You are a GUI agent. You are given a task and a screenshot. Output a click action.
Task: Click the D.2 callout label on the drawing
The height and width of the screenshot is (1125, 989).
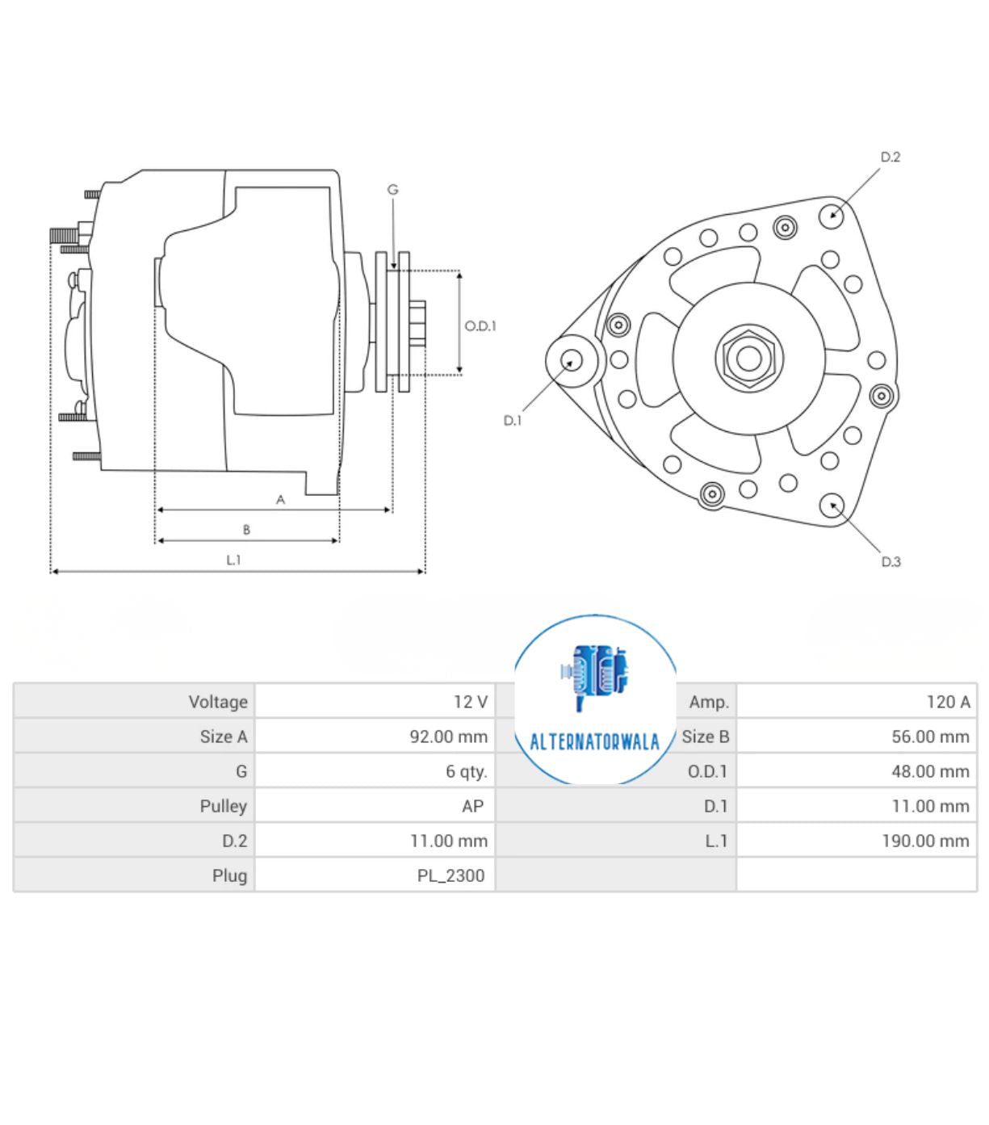point(890,157)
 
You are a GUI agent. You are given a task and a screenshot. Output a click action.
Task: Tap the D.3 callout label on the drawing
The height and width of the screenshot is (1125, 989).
point(891,561)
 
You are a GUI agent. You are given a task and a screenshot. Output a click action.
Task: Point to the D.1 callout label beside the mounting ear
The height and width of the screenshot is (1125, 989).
point(513,420)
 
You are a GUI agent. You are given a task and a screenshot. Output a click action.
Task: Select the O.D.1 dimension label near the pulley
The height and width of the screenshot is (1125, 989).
point(480,325)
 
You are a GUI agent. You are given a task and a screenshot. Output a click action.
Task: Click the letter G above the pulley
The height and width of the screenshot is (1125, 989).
point(393,190)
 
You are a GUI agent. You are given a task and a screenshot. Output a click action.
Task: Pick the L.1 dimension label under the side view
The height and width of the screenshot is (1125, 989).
point(233,560)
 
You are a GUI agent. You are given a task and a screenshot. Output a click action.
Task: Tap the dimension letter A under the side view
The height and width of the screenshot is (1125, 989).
point(280,500)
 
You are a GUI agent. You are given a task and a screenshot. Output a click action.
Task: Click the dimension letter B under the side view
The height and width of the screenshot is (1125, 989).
point(246,530)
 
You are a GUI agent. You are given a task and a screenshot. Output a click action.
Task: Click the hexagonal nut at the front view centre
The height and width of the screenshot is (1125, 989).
point(748,358)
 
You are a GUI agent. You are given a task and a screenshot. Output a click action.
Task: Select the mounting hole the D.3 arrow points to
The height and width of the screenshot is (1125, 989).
point(832,506)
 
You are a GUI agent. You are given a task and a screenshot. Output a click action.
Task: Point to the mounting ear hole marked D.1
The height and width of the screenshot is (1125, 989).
point(572,361)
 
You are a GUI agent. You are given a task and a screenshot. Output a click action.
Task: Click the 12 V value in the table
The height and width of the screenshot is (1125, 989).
point(470,702)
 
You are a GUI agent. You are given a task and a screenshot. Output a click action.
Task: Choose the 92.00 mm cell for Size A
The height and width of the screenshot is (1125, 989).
point(448,737)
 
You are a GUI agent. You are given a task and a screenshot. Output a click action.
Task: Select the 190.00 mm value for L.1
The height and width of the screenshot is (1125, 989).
point(924,841)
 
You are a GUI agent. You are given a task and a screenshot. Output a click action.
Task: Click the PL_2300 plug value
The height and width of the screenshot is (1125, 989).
point(450,875)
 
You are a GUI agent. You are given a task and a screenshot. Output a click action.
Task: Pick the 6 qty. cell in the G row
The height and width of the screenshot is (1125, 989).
point(466,771)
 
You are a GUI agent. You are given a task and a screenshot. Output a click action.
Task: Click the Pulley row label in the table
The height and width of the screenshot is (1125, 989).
point(223,806)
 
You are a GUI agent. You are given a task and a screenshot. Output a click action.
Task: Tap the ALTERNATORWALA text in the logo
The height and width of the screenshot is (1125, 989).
point(594,742)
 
